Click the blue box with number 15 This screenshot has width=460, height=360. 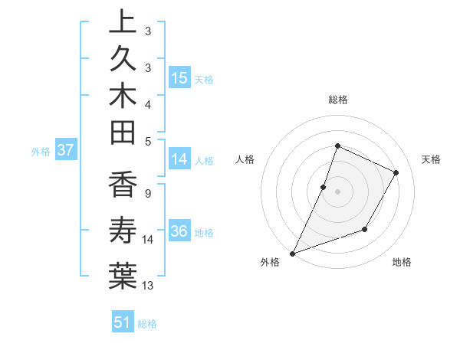(x=179, y=77)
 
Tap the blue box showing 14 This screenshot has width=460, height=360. (x=179, y=160)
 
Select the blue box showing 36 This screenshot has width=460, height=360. (x=179, y=232)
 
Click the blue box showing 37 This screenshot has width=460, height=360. (x=66, y=150)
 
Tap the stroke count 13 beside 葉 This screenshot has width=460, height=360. (x=148, y=286)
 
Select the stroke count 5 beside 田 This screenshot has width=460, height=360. (x=147, y=140)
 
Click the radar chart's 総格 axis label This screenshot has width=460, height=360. (x=337, y=100)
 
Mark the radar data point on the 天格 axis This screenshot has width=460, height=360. (x=396, y=172)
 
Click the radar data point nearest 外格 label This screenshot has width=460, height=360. (x=292, y=254)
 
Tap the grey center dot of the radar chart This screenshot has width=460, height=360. (x=337, y=191)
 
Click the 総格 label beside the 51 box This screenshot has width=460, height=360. (x=147, y=324)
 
